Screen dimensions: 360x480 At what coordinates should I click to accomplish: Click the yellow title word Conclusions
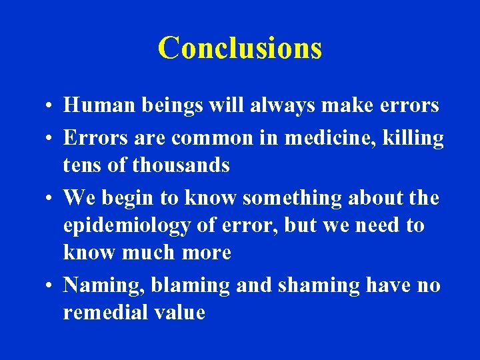coord(240,48)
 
